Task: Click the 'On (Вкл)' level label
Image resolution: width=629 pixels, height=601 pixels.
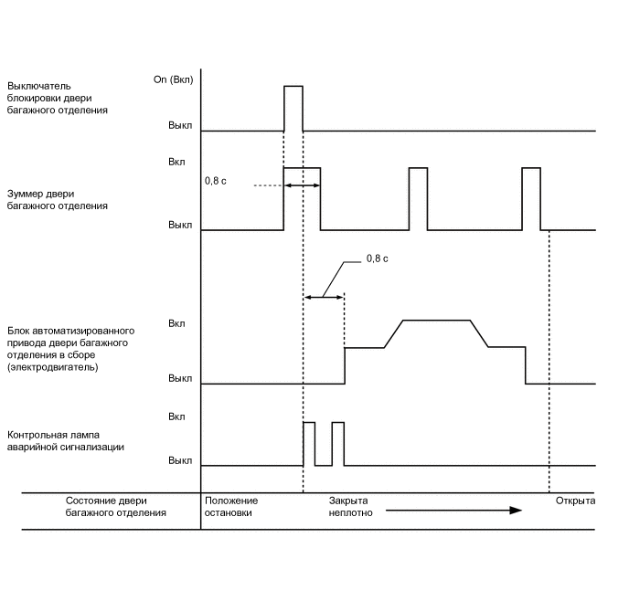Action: point(174,80)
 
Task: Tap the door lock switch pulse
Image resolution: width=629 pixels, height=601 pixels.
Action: point(293,108)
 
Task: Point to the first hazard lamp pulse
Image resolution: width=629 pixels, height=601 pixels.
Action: point(309,444)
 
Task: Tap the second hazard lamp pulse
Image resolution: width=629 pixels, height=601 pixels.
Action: point(337,444)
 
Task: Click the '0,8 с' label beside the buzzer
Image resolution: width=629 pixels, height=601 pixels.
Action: point(215,181)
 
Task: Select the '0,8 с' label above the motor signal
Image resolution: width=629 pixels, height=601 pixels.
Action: point(377,258)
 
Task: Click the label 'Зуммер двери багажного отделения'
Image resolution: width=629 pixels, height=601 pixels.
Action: point(57,199)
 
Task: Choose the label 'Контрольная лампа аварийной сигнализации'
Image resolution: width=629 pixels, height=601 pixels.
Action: point(66,441)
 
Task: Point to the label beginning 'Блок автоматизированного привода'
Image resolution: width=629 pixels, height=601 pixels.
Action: point(71,348)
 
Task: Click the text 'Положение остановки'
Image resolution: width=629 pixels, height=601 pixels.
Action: point(231,506)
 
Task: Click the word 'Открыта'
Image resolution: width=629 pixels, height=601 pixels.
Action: point(575,501)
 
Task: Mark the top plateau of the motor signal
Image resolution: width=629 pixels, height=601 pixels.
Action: point(436,320)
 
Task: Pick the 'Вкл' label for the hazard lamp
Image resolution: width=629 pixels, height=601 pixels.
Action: point(177,416)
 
